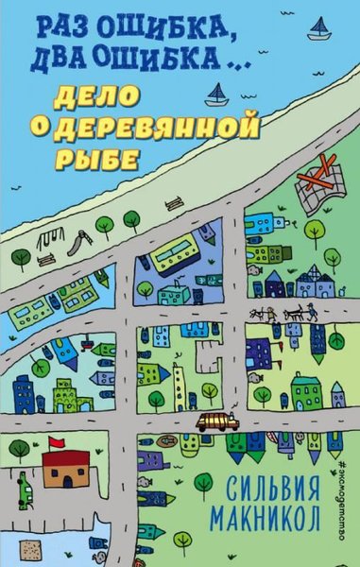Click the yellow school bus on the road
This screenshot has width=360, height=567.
[216, 424]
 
